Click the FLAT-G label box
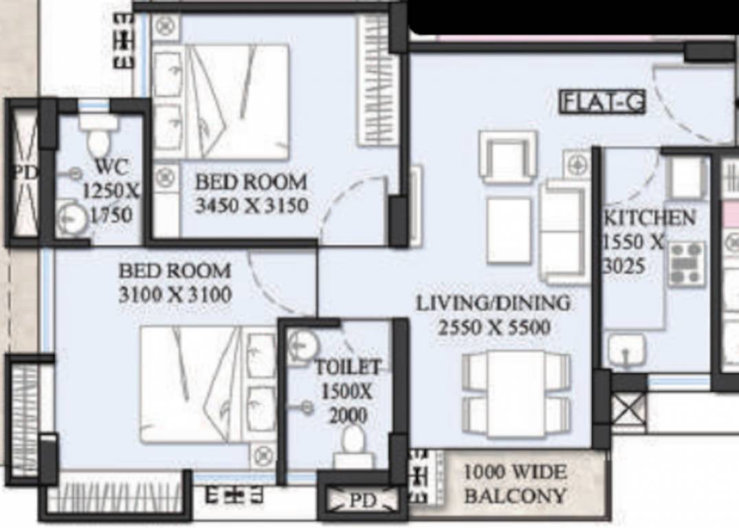[x=603, y=102]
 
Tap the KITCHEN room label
[x=648, y=218]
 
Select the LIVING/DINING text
[x=493, y=303]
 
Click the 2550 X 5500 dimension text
[x=494, y=327]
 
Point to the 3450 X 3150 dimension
[x=251, y=206]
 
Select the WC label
[x=111, y=166]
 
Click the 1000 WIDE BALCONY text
[x=515, y=484]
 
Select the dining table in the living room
[x=516, y=393]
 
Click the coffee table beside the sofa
[x=509, y=230]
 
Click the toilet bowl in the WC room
[x=98, y=137]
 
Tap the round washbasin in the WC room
[x=71, y=219]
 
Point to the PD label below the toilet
[x=362, y=501]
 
